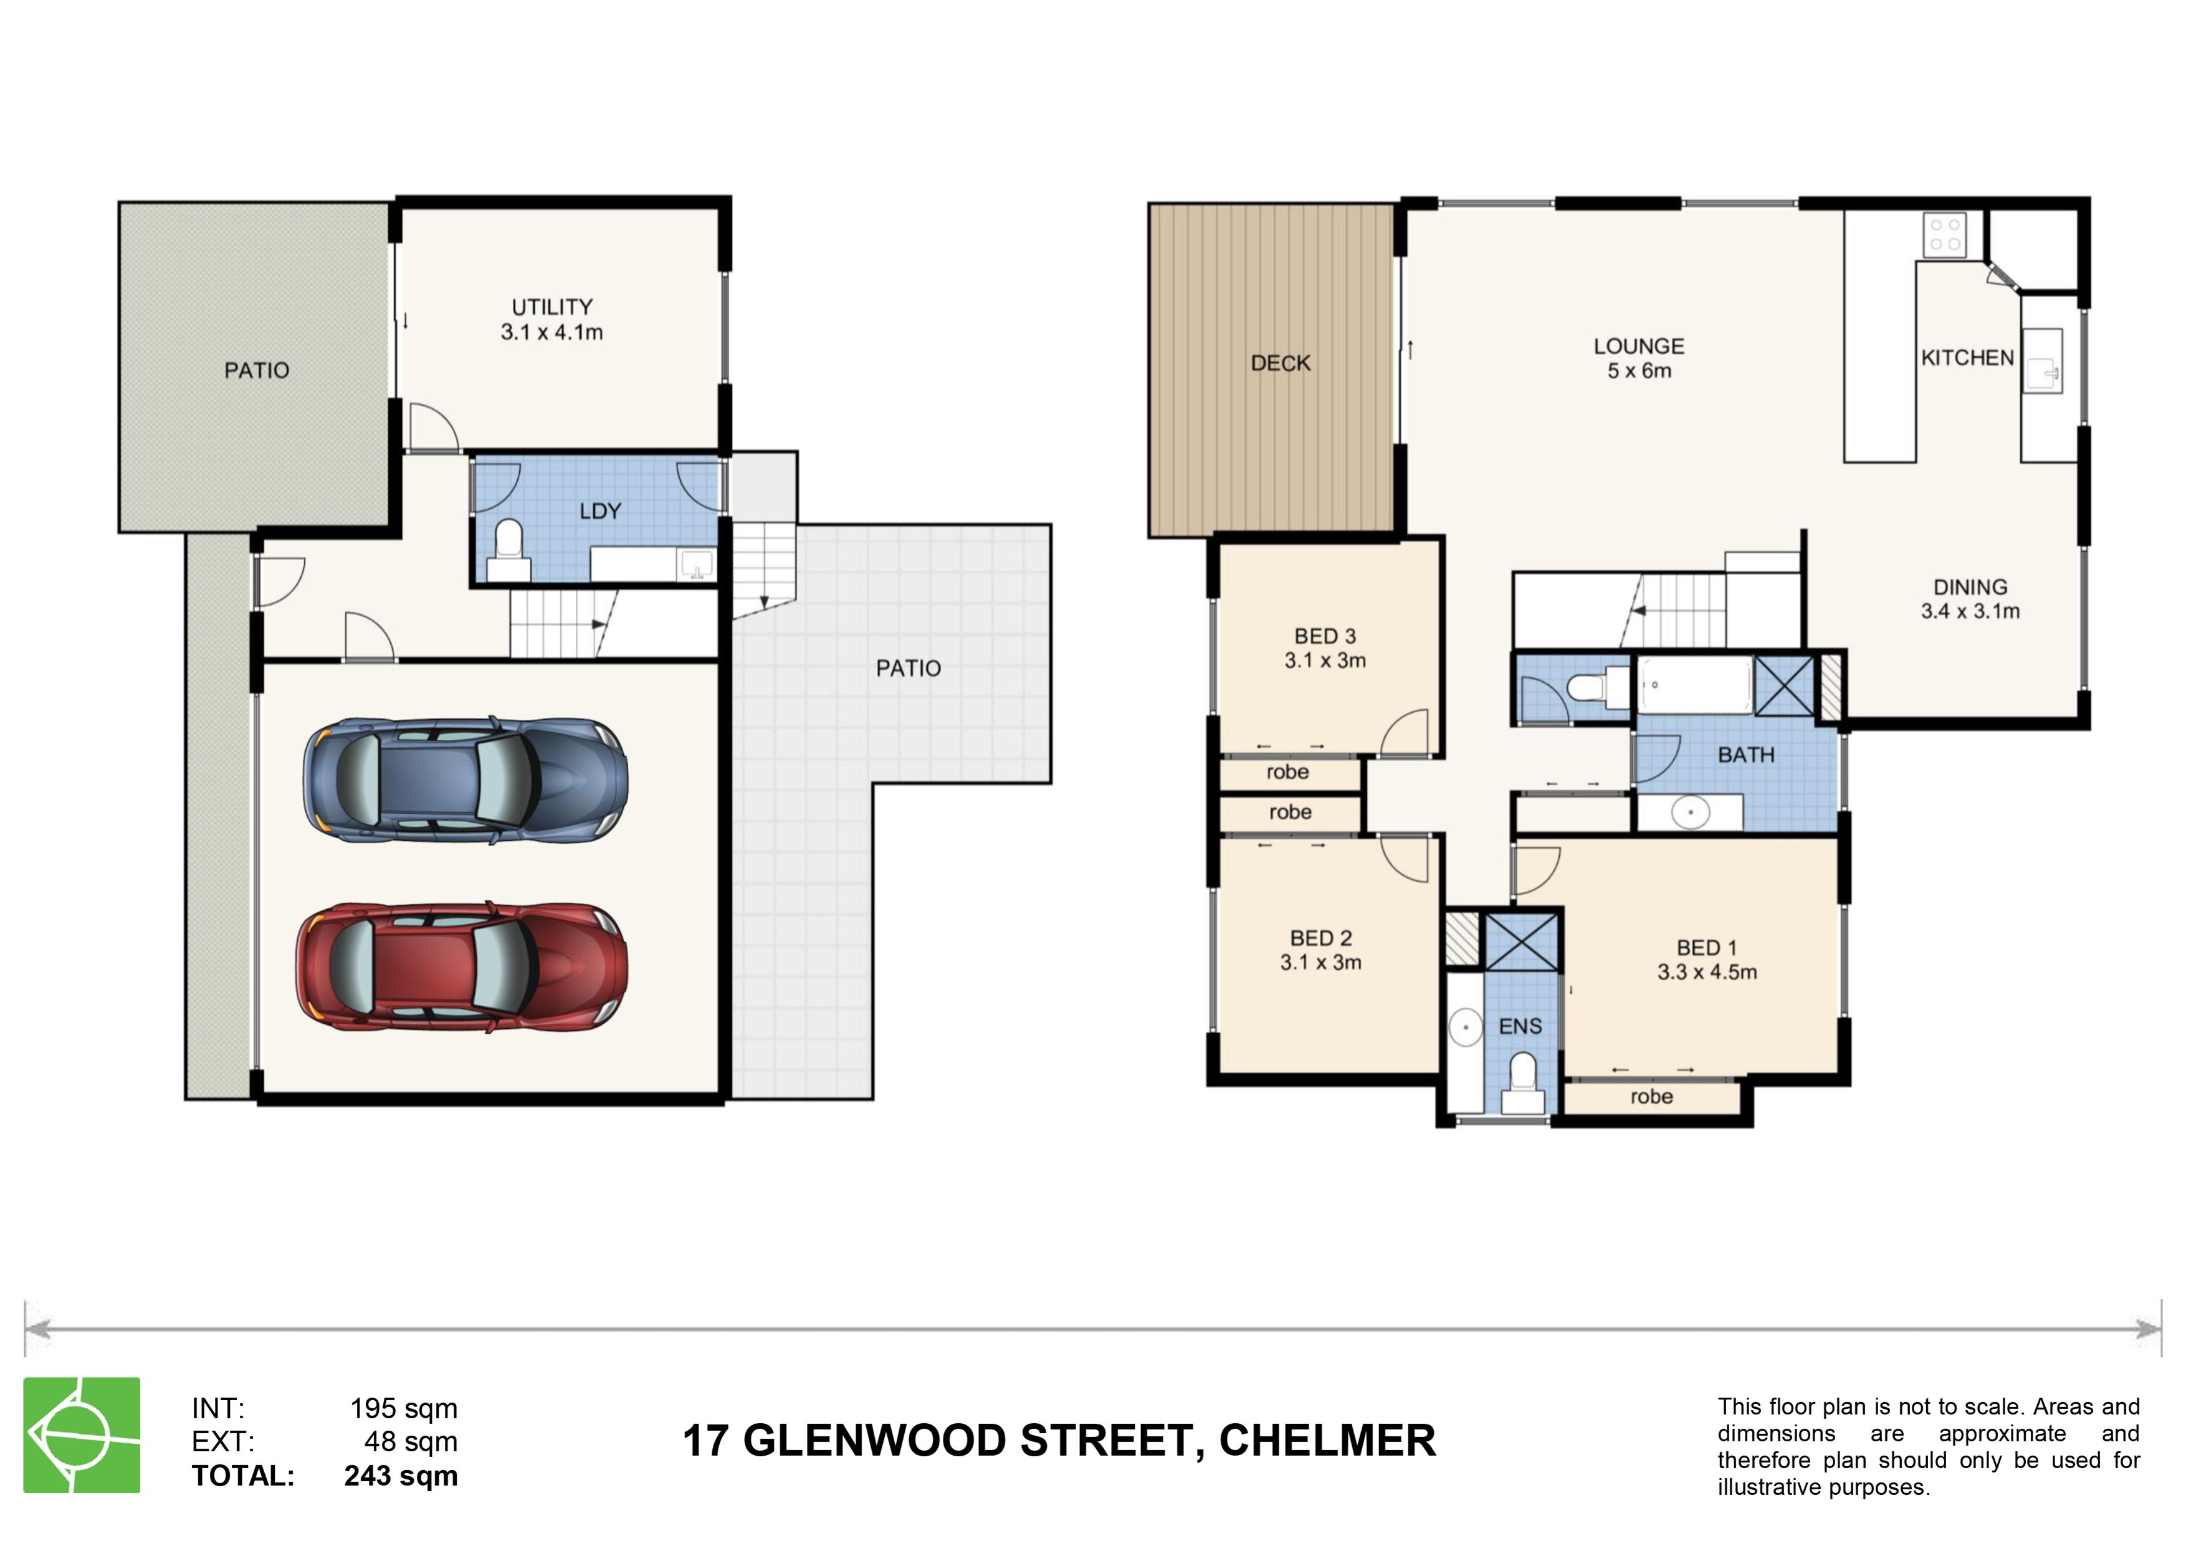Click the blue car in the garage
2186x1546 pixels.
(x=465, y=781)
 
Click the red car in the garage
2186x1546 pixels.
(x=462, y=966)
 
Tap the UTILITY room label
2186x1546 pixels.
(x=552, y=307)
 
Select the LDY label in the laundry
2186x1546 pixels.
(x=600, y=511)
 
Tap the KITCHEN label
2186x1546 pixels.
(x=1967, y=358)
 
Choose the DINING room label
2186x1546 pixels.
(x=1970, y=588)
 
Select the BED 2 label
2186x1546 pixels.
(x=1320, y=938)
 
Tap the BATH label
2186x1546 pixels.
(x=1746, y=755)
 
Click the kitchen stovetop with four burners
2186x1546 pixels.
(x=1944, y=235)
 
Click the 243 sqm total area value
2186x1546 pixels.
(x=401, y=1476)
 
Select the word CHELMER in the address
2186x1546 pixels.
(x=1327, y=1440)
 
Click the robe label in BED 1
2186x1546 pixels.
(x=1651, y=1097)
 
